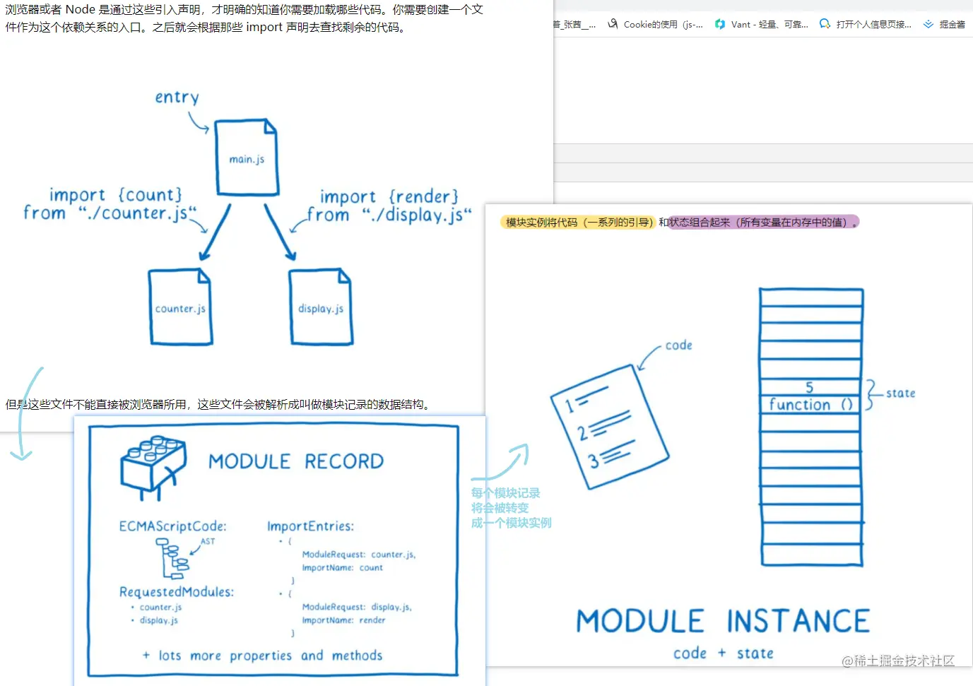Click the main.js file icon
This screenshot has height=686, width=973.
pos(246,158)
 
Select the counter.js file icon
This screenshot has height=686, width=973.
pos(180,307)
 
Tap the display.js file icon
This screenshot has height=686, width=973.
pos(320,307)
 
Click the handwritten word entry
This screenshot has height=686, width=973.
pos(177,97)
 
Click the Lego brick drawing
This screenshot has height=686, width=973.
pos(153,466)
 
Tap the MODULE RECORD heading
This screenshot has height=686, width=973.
pos(296,461)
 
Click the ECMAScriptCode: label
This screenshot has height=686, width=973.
pos(172,526)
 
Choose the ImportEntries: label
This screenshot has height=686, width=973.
pos(310,526)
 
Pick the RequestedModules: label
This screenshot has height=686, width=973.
pos(176,592)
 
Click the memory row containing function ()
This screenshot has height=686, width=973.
pos(810,405)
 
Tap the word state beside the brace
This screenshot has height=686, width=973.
pos(900,394)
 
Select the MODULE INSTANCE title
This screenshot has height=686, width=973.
pos(723,622)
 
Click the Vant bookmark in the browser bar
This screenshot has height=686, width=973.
pos(762,24)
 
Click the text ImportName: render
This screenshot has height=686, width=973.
pos(343,620)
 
